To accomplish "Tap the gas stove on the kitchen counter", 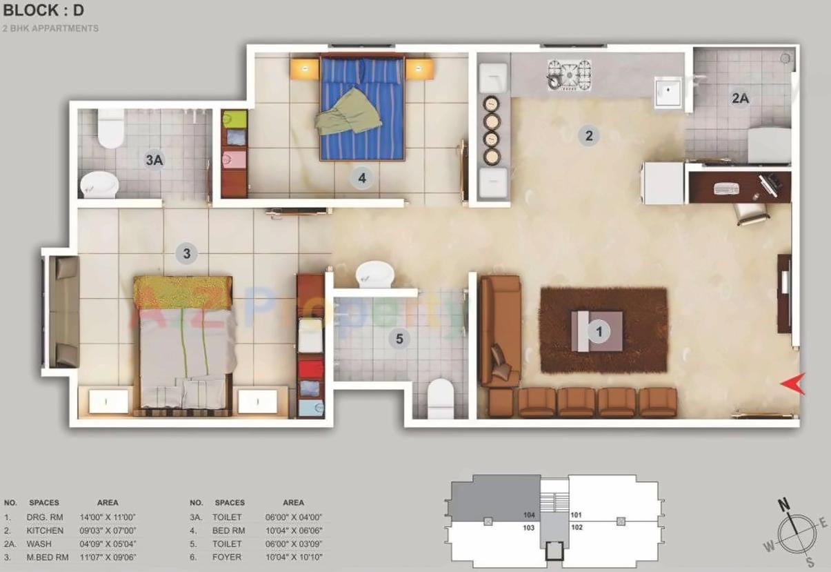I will (x=570, y=74).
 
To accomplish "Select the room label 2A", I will (x=740, y=99).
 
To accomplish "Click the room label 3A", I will (x=154, y=160).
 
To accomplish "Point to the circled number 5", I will (x=399, y=338).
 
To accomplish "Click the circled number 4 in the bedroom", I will (x=361, y=178).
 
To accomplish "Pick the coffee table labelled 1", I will (x=598, y=331).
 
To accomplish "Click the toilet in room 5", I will (x=441, y=400).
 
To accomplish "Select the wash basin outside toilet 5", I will (x=374, y=275).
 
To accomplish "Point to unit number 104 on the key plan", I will (x=530, y=515).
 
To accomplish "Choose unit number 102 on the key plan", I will (x=577, y=528).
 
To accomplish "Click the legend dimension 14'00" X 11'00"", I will (x=108, y=517).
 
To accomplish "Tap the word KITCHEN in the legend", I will (x=45, y=531).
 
